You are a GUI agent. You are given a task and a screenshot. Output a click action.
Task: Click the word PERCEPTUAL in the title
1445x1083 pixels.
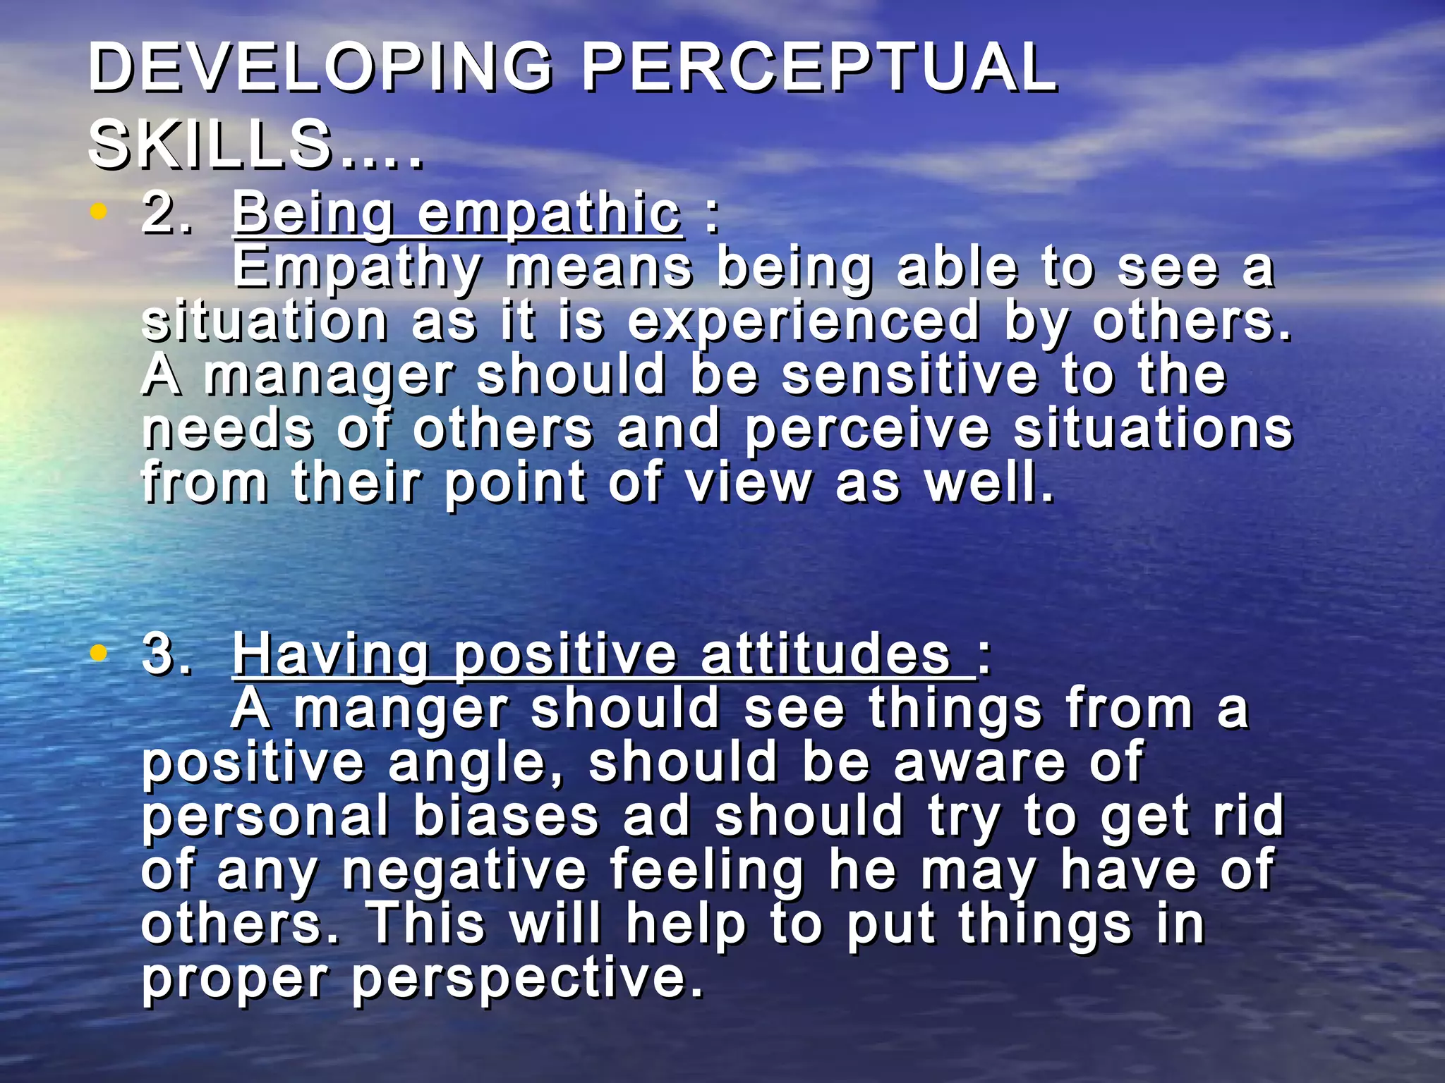pyautogui.click(x=818, y=68)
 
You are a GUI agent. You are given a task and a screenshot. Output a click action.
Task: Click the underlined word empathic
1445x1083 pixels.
pyautogui.click(x=549, y=214)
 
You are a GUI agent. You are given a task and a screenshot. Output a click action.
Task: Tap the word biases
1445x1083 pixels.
pyautogui.click(x=505, y=816)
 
